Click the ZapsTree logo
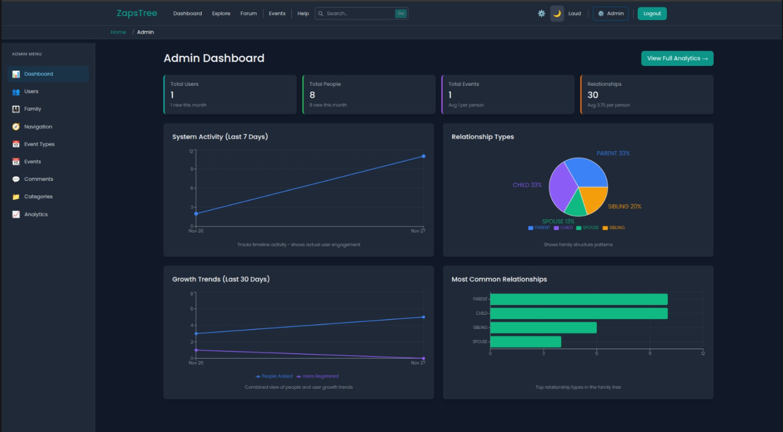click(137, 13)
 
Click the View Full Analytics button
click(677, 58)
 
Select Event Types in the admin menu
click(39, 144)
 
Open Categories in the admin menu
click(38, 197)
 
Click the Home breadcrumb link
click(118, 32)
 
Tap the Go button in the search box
click(400, 13)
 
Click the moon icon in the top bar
click(557, 13)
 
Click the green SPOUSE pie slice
click(575, 205)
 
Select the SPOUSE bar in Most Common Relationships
click(526, 341)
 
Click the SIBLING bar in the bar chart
click(544, 328)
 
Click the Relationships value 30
click(592, 95)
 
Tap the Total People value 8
click(312, 95)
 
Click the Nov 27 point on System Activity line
click(423, 156)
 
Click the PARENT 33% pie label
click(613, 153)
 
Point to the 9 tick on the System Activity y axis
click(191, 169)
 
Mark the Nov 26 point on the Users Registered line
click(196, 350)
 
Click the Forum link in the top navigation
click(249, 13)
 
